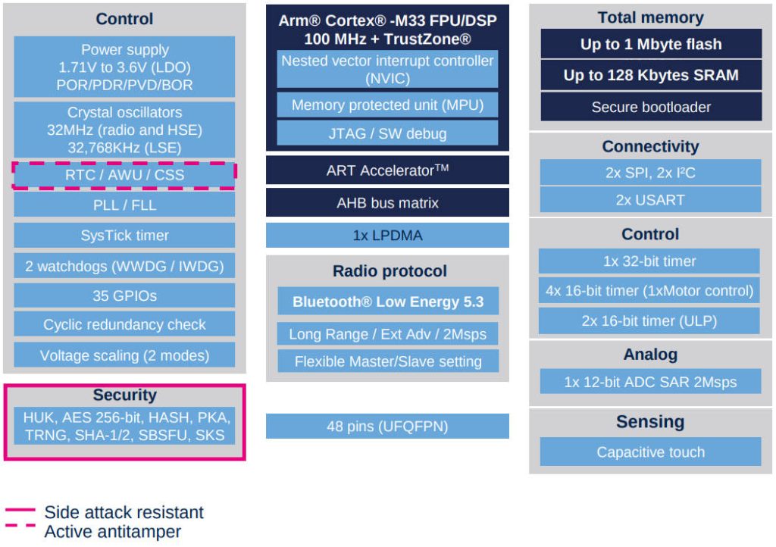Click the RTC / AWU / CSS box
(124, 175)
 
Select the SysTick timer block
(124, 235)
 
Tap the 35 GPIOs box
(124, 295)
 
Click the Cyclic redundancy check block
(124, 324)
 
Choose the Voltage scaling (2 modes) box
(124, 355)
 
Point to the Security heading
(124, 395)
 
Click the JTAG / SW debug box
(387, 134)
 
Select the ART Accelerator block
(387, 170)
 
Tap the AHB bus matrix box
(387, 203)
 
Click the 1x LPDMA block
(387, 236)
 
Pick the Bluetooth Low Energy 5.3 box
(387, 302)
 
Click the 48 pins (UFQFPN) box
(387, 427)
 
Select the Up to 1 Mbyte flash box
(650, 44)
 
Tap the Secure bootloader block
(650, 107)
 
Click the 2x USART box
(650, 200)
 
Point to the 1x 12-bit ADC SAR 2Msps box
(649, 382)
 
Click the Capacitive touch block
(650, 452)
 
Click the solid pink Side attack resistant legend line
(20, 509)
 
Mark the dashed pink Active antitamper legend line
(20, 525)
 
